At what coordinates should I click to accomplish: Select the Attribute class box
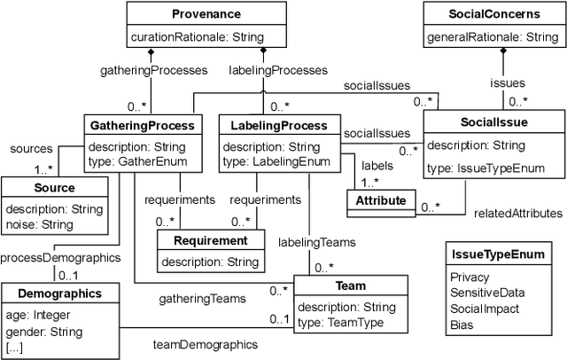(381, 201)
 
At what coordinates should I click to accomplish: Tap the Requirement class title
(210, 240)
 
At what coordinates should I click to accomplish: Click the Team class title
(351, 286)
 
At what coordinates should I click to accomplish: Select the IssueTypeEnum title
(493, 256)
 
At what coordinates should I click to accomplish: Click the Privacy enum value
(470, 278)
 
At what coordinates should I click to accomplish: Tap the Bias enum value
(463, 325)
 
